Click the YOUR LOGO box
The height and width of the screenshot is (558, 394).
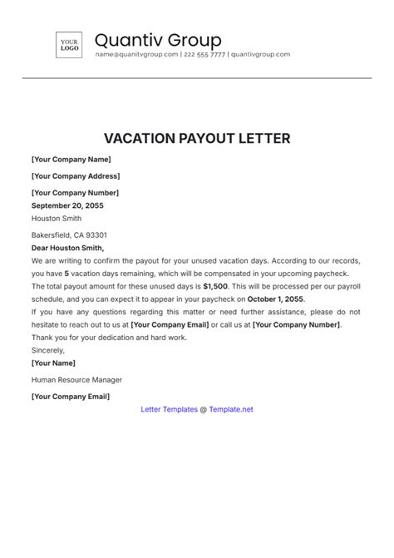pyautogui.click(x=69, y=46)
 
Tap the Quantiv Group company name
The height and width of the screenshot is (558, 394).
pyautogui.click(x=158, y=40)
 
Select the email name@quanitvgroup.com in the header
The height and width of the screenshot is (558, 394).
pyautogui.click(x=136, y=55)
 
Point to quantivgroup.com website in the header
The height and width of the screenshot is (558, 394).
pyautogui.click(x=260, y=55)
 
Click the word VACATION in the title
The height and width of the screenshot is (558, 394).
pyautogui.click(x=142, y=138)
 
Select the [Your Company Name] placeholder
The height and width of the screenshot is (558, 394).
pyautogui.click(x=71, y=160)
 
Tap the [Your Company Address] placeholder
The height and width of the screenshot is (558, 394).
pyautogui.click(x=76, y=175)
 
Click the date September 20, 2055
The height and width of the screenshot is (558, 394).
pyautogui.click(x=74, y=205)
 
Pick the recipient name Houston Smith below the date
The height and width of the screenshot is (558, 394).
pyautogui.click(x=57, y=219)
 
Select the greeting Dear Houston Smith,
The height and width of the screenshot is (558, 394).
pyautogui.click(x=67, y=248)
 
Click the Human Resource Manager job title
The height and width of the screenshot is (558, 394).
pyautogui.click(x=76, y=379)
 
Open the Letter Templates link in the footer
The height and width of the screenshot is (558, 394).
pyautogui.click(x=169, y=409)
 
